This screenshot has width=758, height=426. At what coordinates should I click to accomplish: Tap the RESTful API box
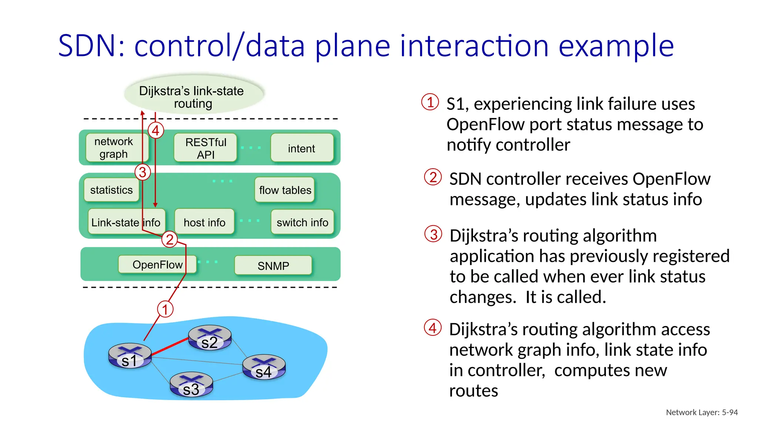(205, 148)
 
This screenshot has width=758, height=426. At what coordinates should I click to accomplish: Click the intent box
(302, 148)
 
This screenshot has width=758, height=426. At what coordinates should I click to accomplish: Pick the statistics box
(111, 190)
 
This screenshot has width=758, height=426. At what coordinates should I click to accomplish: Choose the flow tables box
(285, 190)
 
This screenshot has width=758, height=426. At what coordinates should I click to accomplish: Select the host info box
(204, 222)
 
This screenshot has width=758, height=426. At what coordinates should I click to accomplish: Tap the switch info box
(302, 222)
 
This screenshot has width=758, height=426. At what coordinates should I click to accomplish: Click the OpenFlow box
(157, 264)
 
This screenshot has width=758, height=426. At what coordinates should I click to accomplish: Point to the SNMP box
(273, 266)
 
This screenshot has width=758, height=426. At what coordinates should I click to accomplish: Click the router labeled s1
(130, 356)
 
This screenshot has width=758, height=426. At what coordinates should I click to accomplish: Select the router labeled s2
(209, 338)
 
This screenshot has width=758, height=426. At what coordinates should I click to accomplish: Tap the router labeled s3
(191, 385)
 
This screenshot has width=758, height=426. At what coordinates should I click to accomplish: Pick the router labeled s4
(264, 367)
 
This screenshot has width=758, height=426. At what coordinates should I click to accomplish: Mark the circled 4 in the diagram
(156, 130)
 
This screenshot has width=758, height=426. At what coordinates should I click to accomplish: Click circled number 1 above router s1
(165, 309)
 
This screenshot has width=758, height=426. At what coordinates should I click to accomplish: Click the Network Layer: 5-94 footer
(701, 412)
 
